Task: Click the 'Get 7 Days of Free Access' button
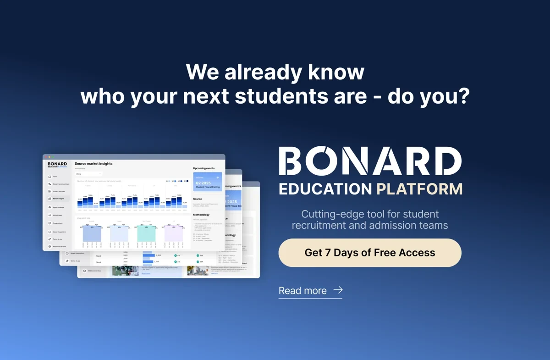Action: pyautogui.click(x=369, y=253)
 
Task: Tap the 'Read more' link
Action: pyautogui.click(x=302, y=291)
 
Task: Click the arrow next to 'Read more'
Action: pyautogui.click(x=338, y=290)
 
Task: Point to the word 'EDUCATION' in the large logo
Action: pyautogui.click(x=325, y=189)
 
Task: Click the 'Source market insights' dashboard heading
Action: pyautogui.click(x=93, y=164)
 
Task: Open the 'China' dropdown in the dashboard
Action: pyautogui.click(x=88, y=174)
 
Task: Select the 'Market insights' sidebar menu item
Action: pyautogui.click(x=58, y=199)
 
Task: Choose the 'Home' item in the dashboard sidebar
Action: pyautogui.click(x=55, y=177)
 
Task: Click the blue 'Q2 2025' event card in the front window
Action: pyautogui.click(x=207, y=182)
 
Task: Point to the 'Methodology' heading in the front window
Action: pyautogui.click(x=201, y=215)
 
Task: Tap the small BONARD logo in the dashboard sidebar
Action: pyautogui.click(x=57, y=164)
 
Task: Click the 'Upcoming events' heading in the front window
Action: pyautogui.click(x=204, y=168)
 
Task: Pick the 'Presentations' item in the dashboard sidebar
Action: pyautogui.click(x=58, y=223)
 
